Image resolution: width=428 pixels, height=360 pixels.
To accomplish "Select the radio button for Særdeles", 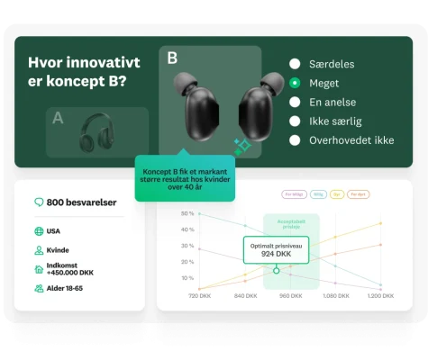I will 295,64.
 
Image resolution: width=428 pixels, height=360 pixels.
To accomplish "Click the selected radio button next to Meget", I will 295,83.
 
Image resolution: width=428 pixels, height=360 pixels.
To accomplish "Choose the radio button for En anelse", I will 295,102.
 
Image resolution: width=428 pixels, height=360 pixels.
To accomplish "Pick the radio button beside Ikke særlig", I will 295,121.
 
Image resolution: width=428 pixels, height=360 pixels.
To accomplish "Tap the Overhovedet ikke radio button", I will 295,139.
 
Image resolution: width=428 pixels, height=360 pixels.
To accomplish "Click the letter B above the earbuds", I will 172,58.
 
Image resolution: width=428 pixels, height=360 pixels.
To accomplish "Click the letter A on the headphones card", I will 58,117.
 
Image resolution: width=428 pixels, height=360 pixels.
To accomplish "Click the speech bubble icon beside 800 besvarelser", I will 39,202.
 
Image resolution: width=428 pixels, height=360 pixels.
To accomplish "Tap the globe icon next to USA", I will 39,231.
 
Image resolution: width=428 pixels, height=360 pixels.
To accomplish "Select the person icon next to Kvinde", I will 39,250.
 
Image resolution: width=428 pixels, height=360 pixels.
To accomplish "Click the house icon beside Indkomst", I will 39,269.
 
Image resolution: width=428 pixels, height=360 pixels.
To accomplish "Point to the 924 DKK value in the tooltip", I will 276,254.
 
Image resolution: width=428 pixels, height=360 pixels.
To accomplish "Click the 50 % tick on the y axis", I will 187,213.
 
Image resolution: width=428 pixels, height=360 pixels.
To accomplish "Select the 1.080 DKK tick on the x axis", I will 335,295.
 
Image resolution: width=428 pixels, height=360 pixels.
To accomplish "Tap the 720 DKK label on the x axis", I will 199,295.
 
